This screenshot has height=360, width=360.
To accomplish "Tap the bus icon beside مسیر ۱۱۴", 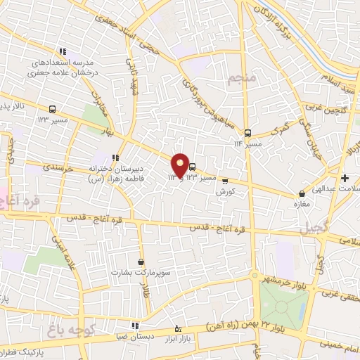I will [x=247, y=132].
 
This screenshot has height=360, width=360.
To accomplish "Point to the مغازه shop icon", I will [x=302, y=193].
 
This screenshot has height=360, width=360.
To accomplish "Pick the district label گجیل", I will [x=314, y=229].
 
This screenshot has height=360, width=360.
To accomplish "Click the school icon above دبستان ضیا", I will [x=135, y=326].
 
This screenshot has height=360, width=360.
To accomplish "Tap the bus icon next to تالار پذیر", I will [x=52, y=109].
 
